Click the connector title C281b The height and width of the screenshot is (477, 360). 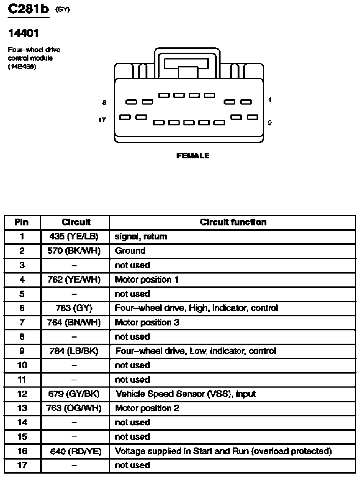pos(28,9)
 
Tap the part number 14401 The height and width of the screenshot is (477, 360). pos(23,33)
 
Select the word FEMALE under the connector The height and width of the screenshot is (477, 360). pos(193,156)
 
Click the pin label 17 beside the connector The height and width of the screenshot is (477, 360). pos(102,120)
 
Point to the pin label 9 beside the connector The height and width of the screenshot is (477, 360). pos(269,123)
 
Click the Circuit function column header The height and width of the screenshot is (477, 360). pos(233,222)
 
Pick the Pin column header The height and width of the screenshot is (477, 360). pos(22,222)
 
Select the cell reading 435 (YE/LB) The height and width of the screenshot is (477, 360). pos(74,236)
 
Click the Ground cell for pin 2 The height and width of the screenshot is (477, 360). pos(130,251)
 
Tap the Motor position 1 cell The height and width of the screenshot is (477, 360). pos(146,280)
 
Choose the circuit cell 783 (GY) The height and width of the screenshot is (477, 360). pos(74,308)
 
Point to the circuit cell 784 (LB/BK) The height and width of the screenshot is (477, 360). pos(74,351)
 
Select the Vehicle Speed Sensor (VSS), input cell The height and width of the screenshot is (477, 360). pos(186,394)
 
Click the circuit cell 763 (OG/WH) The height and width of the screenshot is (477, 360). pos(75,408)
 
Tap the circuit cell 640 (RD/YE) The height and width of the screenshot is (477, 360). pos(75,451)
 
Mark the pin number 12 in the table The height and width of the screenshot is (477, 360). pos(22,394)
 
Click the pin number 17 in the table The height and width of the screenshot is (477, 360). pos(22,465)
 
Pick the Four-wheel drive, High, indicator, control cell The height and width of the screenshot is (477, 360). pos(196,308)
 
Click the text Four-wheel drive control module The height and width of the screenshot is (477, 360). pos(34,54)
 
